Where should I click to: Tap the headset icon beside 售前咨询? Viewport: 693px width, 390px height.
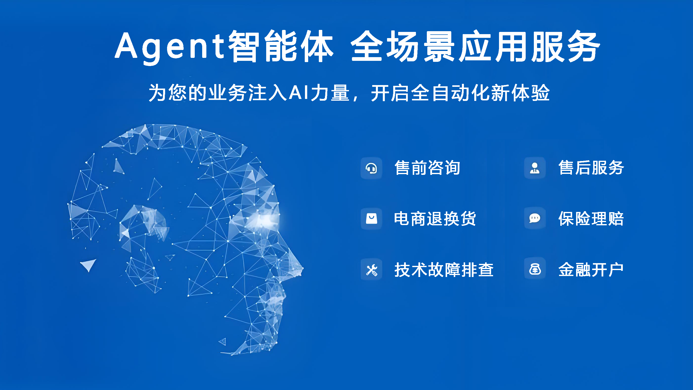371,168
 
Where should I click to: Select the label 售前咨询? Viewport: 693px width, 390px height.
427,168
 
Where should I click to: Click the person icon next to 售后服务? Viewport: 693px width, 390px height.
535,168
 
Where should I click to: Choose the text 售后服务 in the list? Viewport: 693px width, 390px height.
591,168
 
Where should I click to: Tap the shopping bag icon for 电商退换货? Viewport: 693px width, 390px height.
371,219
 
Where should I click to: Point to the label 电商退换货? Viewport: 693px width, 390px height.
435,219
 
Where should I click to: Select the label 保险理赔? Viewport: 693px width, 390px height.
591,219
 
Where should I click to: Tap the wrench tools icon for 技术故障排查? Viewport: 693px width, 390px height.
371,270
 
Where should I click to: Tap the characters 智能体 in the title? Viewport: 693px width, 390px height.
281,46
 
